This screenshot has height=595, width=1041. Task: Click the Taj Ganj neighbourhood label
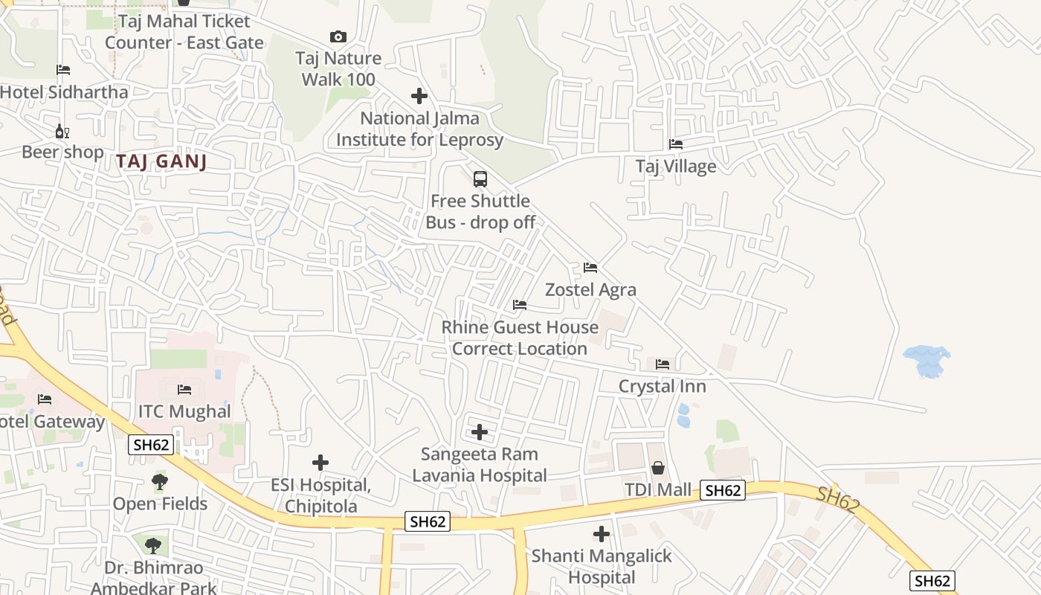point(161,162)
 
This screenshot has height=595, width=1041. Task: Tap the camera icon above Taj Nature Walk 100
point(338,36)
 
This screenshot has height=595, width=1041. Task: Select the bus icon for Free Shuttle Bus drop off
point(480,179)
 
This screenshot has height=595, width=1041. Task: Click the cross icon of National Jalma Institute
point(419,96)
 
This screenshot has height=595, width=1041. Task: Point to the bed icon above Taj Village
point(676,144)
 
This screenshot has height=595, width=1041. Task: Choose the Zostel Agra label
point(590,289)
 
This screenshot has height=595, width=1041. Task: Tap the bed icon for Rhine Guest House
point(520,305)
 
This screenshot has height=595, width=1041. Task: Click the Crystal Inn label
point(663,386)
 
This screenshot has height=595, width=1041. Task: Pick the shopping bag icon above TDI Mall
point(658,468)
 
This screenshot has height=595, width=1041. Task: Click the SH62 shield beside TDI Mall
point(723,490)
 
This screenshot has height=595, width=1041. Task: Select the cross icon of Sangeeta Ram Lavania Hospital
point(480,431)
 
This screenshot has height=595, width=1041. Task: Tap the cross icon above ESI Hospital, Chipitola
point(320,463)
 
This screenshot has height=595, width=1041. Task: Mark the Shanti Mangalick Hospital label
point(601,566)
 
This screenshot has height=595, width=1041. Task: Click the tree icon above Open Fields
point(160,482)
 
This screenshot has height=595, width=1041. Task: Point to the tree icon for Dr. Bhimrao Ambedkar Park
point(152,546)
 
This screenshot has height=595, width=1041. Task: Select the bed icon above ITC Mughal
point(184,390)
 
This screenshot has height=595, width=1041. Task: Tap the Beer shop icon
point(62,131)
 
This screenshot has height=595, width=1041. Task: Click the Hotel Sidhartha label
point(64,92)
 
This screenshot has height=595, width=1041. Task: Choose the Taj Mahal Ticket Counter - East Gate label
point(184,32)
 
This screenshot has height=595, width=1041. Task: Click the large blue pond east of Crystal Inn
point(926,361)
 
